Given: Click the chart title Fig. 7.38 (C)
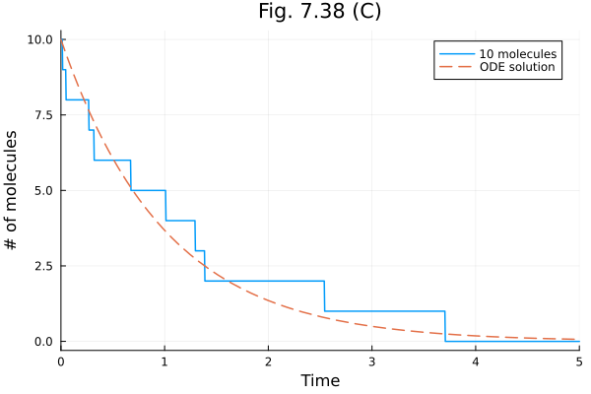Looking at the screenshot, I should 319,12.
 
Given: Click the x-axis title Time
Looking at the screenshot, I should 320,380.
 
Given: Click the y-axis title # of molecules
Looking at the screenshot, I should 13,190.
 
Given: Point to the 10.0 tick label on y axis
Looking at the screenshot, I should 38,39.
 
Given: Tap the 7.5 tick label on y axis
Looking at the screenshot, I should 42,115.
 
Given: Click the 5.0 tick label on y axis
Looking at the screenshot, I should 42,190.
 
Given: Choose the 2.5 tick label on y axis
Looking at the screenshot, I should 42,266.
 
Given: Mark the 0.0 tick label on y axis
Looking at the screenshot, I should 42,342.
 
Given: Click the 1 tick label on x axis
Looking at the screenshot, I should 164,361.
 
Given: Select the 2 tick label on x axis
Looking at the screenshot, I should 268,361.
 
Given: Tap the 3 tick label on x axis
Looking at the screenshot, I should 371,361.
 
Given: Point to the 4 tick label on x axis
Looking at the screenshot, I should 476,361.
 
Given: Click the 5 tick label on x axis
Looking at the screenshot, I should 578,361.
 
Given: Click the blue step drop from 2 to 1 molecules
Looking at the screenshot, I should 324,296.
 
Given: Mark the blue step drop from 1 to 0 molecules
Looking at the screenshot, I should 445,326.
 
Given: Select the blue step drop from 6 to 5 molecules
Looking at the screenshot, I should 131,175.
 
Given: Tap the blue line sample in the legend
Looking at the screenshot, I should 455,53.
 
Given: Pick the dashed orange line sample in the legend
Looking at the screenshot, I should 455,68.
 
